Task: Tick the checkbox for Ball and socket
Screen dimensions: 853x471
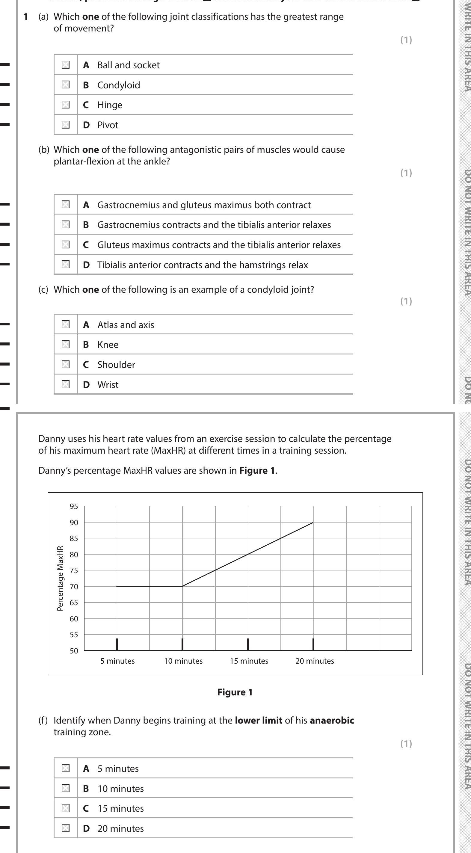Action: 66,65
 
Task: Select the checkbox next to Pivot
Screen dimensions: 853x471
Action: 66,125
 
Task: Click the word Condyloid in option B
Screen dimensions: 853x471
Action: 119,85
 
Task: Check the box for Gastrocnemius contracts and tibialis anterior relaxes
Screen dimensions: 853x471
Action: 66,224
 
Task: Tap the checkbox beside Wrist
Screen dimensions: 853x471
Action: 66,384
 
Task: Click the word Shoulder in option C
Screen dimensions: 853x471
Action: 116,365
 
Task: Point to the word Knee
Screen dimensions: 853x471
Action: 108,345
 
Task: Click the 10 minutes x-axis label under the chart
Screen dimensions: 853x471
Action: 183,661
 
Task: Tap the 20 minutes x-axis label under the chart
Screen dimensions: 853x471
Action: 315,661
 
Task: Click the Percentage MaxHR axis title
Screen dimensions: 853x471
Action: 60,578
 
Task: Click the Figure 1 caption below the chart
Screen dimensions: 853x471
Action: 235,692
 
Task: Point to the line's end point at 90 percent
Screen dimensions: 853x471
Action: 313,523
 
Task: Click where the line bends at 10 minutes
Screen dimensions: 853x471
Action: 182,586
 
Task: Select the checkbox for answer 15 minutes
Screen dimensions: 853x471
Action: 66,808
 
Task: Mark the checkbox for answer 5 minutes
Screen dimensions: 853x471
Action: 66,768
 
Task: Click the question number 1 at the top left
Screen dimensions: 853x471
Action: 25,16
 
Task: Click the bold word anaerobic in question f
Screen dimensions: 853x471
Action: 332,720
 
